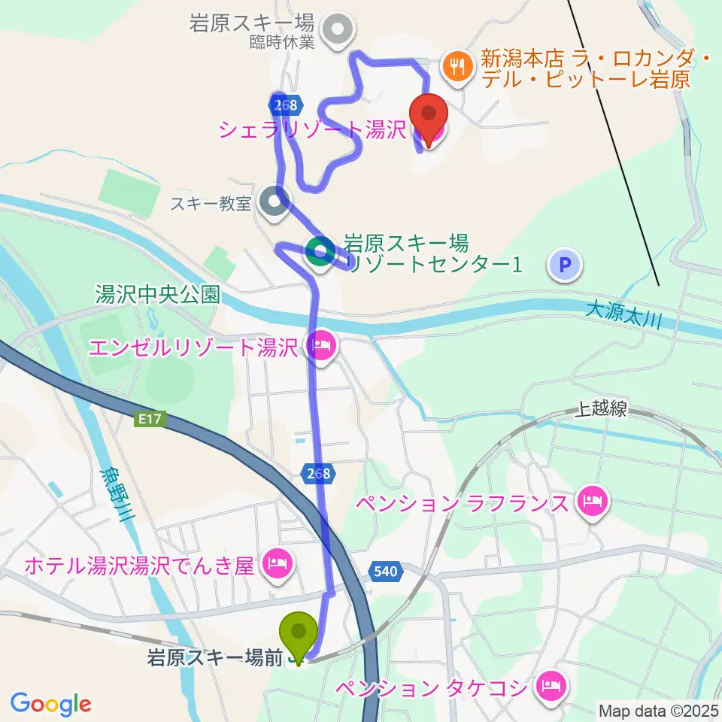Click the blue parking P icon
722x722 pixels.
[x=566, y=265]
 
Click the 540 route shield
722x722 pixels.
[x=384, y=572]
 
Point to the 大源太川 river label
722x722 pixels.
[x=623, y=314]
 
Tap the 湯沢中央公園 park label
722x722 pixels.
[x=157, y=294]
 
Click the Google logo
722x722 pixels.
[x=51, y=704]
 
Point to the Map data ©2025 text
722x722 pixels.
[x=657, y=710]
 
